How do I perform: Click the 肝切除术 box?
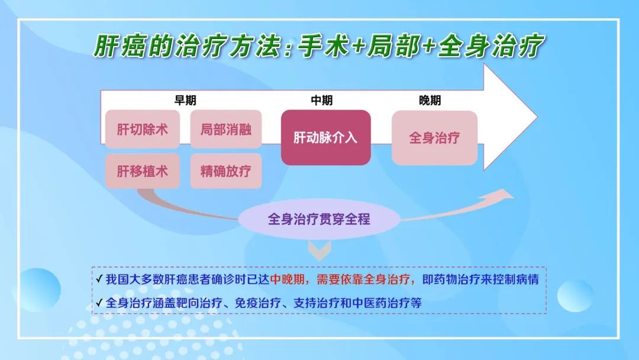coord(142,129)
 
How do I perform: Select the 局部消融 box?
coord(226,129)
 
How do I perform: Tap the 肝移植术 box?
coord(142,171)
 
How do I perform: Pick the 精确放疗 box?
coord(226,171)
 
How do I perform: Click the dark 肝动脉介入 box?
coord(325,137)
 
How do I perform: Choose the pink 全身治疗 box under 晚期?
coord(434,138)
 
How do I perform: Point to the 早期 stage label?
coord(185,100)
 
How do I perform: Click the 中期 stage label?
coord(321,100)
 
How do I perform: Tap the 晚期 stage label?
coord(430,100)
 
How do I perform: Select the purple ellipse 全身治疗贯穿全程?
coord(319,219)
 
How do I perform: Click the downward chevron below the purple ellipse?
coord(319,250)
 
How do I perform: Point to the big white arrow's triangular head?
coord(510,117)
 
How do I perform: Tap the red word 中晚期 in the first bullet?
coord(288,279)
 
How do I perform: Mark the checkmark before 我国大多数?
coord(99,279)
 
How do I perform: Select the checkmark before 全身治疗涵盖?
coord(99,303)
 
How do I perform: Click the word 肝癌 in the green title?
coord(120,45)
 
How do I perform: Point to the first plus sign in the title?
coord(358,46)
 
